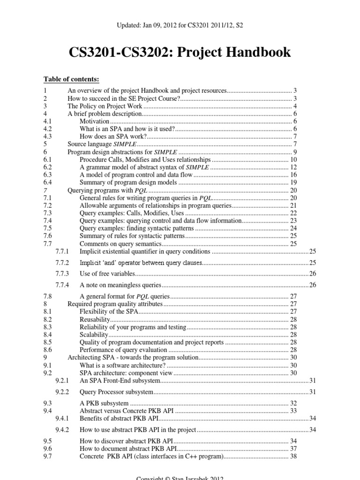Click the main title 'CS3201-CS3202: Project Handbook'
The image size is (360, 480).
pos(180,52)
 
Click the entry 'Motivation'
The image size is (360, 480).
pos(94,121)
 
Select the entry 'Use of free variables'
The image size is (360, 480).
pos(107,273)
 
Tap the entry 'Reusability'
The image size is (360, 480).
pos(95,319)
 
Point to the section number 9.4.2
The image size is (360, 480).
pos(62,429)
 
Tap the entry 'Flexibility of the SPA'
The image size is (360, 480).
pos(109,311)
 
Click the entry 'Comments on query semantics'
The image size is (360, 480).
pos(120,244)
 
